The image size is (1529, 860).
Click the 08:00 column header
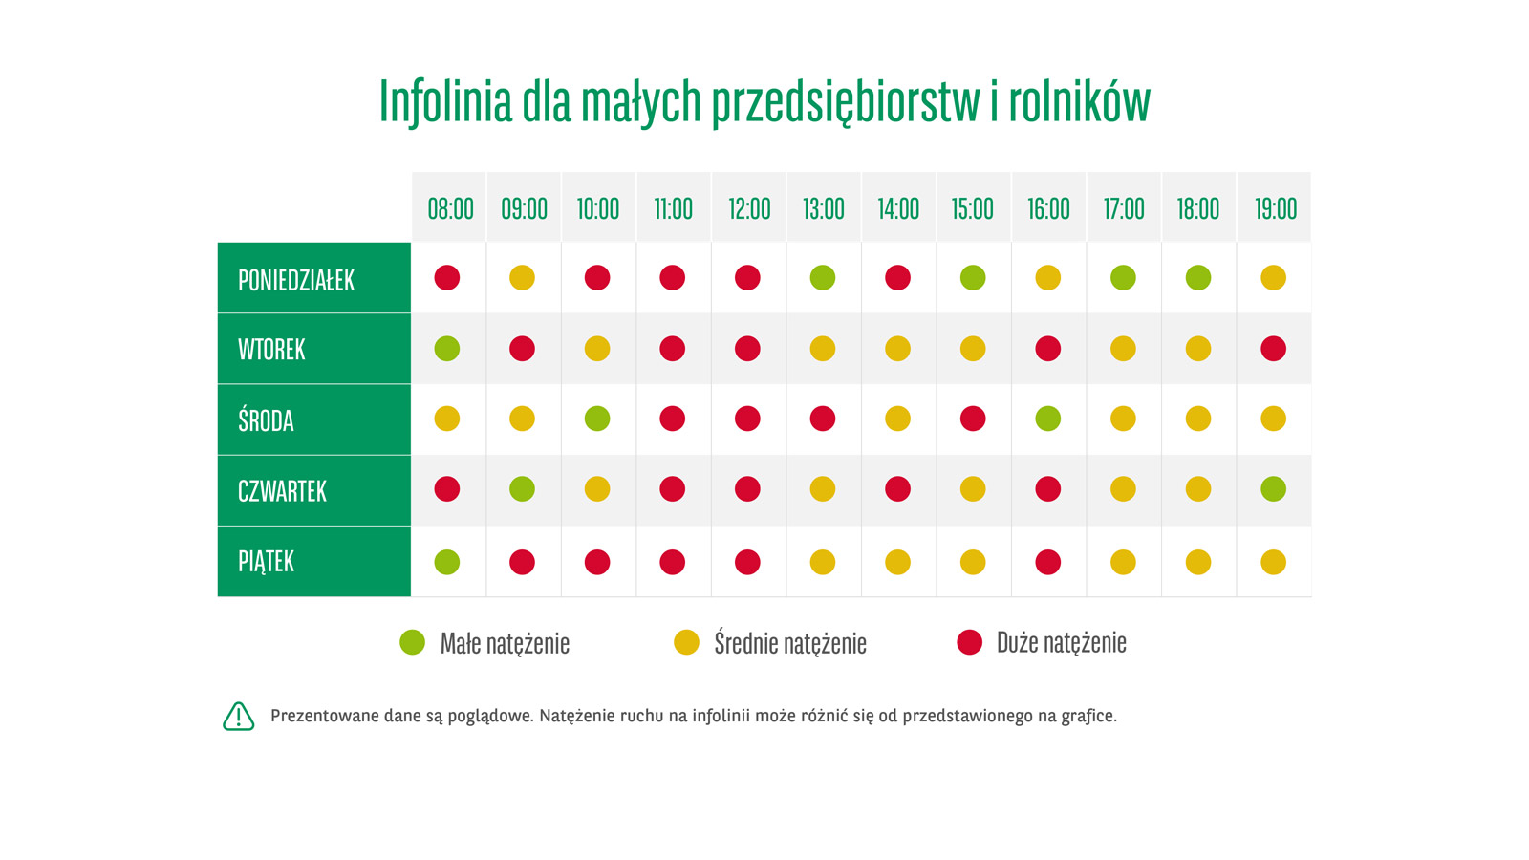click(450, 208)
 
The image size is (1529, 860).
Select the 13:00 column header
click(824, 208)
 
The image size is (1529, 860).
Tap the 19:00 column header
click(1275, 208)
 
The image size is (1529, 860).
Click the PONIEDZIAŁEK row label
click(296, 280)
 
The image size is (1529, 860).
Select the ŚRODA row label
click(266, 420)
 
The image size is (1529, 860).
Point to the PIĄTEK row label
click(266, 561)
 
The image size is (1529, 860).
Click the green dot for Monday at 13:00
click(823, 278)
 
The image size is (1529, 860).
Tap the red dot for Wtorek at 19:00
click(1273, 349)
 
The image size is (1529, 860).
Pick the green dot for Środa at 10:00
click(597, 419)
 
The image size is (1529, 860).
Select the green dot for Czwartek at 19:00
click(1273, 489)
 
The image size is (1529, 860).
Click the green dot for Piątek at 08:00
click(447, 562)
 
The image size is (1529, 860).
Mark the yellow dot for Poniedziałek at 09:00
click(522, 278)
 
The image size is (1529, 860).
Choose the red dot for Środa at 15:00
click(973, 419)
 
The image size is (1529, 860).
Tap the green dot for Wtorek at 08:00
click(447, 349)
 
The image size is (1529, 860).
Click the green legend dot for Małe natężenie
click(412, 642)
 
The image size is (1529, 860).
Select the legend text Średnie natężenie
click(790, 643)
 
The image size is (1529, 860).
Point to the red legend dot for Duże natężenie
click(970, 642)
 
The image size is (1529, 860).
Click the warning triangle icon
click(239, 716)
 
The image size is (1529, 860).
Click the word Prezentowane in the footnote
click(324, 716)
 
